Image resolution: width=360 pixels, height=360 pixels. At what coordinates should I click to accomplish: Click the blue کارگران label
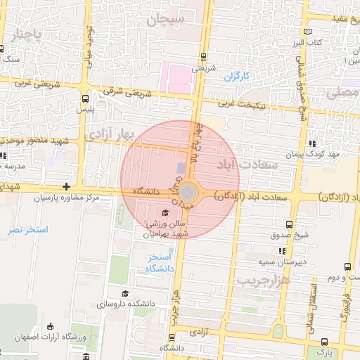tap(237, 76)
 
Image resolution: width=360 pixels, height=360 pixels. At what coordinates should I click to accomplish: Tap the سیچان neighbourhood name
tap(166, 20)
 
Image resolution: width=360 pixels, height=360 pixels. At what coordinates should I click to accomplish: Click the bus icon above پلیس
tap(85, 99)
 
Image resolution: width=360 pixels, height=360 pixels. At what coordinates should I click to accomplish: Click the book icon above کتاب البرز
tap(307, 32)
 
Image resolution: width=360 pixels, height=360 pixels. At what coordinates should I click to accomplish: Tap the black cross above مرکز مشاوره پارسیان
tap(66, 186)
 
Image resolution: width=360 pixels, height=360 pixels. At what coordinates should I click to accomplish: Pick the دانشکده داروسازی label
tap(132, 305)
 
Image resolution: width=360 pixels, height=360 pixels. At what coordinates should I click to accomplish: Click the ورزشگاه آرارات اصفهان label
tap(51, 337)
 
